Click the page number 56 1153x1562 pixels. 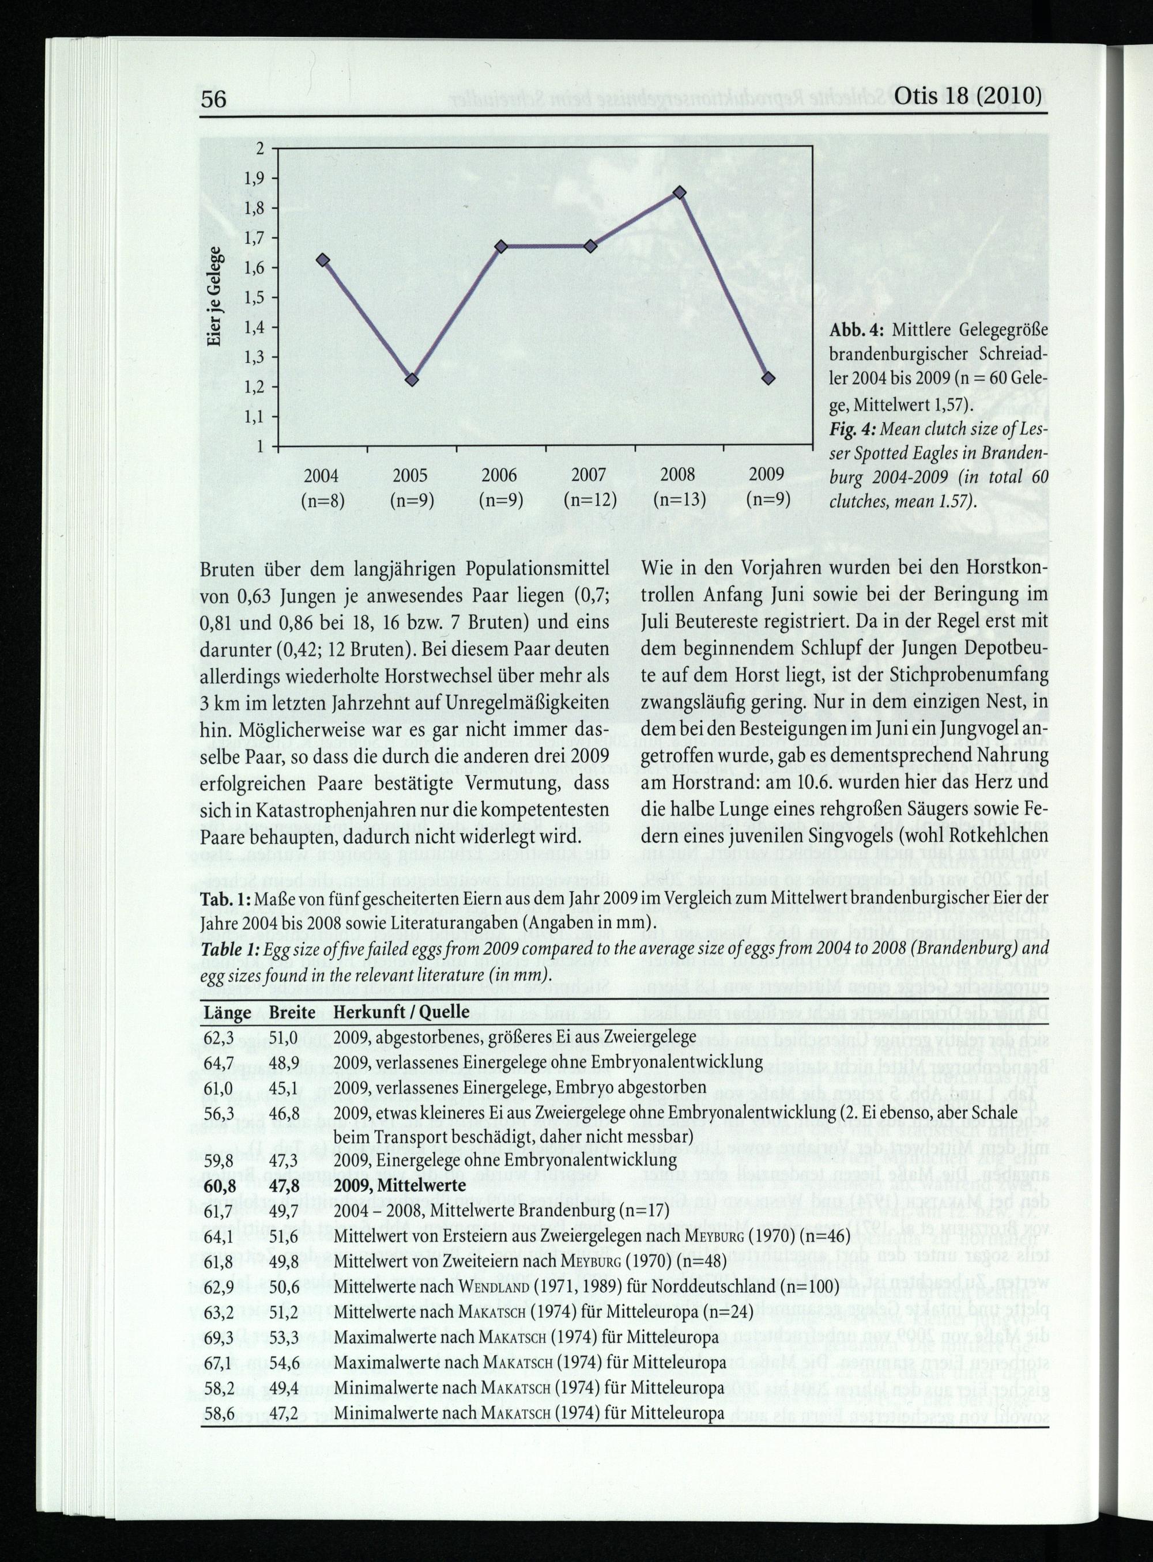[x=213, y=99]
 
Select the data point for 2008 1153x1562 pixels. [x=680, y=192]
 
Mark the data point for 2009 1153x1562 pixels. [x=768, y=378]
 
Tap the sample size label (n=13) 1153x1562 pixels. [x=680, y=500]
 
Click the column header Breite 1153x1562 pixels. [x=292, y=1012]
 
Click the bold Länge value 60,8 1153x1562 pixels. [x=218, y=1185]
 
